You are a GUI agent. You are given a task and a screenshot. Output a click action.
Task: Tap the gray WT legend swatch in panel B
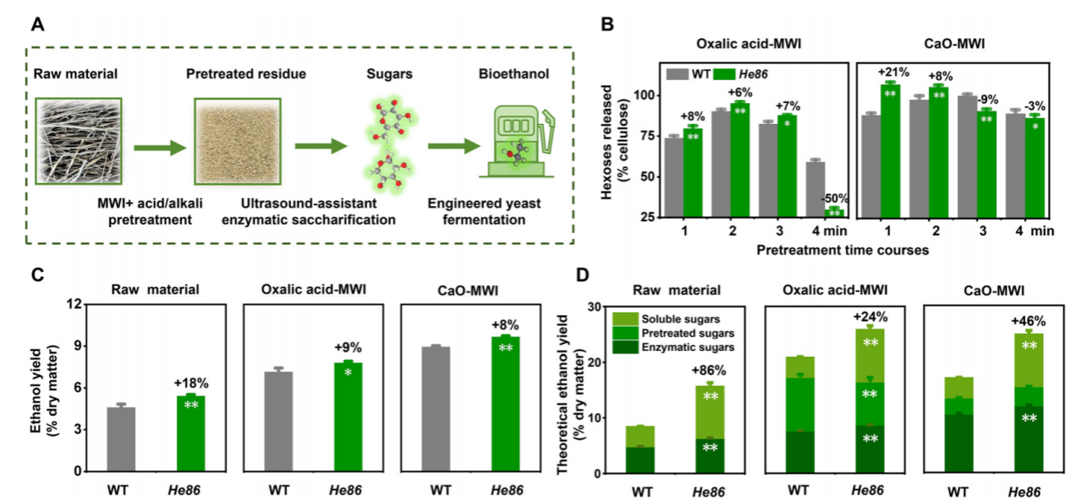678,74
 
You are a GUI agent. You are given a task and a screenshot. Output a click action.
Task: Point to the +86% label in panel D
708,371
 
